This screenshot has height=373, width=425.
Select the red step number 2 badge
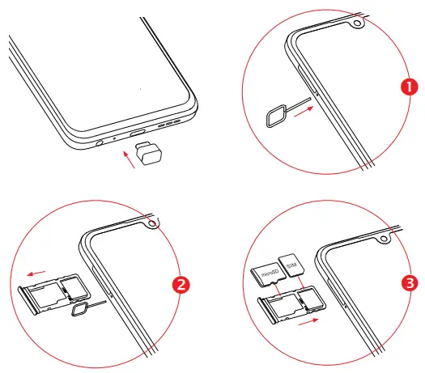(x=181, y=284)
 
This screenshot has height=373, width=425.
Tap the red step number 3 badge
(x=411, y=284)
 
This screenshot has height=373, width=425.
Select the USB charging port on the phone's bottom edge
(x=137, y=132)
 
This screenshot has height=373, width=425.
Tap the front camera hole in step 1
(x=356, y=21)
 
